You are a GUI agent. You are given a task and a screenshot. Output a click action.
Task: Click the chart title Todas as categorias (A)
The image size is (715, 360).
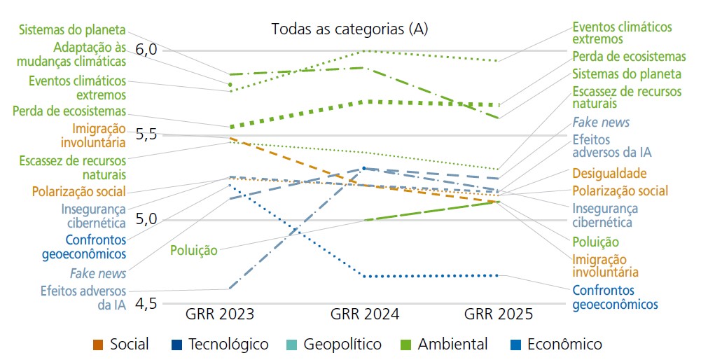(x=349, y=29)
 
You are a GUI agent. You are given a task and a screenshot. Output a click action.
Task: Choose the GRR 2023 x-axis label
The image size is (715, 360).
(x=220, y=314)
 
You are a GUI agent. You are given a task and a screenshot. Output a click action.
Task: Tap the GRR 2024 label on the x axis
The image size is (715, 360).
(x=365, y=314)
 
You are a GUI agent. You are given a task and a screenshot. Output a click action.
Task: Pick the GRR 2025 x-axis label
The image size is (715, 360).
(x=499, y=314)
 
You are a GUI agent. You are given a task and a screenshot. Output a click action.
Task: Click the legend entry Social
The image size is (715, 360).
(x=129, y=345)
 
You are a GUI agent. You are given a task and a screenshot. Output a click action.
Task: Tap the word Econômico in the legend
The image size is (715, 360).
(x=564, y=345)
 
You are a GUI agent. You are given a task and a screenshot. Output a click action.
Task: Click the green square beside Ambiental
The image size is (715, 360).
(x=405, y=345)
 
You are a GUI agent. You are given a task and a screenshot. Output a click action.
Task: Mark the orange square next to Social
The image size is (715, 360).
(x=98, y=345)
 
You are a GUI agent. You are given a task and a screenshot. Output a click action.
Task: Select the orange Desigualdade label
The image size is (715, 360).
(x=609, y=174)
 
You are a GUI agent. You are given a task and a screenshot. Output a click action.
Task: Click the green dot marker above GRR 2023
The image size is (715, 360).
(x=230, y=85)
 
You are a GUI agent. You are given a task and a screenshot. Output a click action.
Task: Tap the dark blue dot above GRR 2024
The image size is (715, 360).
(x=363, y=168)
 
